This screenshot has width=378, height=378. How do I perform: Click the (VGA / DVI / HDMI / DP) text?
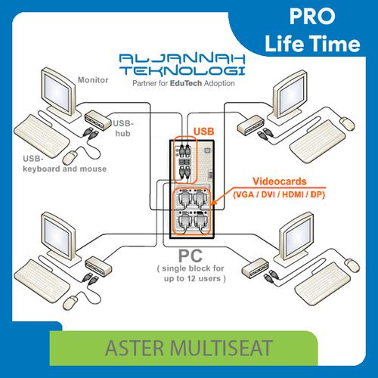[277, 194]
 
